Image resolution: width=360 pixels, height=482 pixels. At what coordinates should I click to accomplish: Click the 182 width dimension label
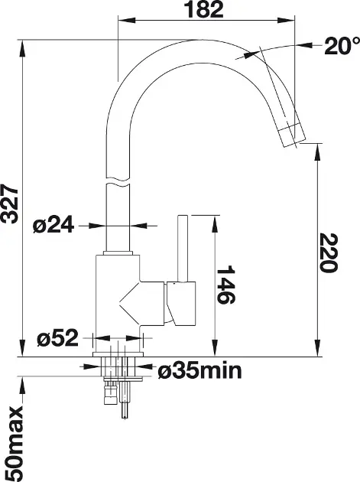203,9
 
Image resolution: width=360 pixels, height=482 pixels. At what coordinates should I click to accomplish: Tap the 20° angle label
342,46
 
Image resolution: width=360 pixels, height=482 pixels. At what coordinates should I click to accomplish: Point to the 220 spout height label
329,252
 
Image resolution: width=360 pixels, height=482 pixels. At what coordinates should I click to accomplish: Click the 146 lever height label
225,285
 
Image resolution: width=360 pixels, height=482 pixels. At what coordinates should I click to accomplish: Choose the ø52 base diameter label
57,338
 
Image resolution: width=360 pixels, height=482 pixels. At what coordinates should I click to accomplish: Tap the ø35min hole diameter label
199,371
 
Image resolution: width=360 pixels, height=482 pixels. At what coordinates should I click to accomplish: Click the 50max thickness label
14,443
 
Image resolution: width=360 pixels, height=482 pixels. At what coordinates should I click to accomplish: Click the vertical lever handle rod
183,248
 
